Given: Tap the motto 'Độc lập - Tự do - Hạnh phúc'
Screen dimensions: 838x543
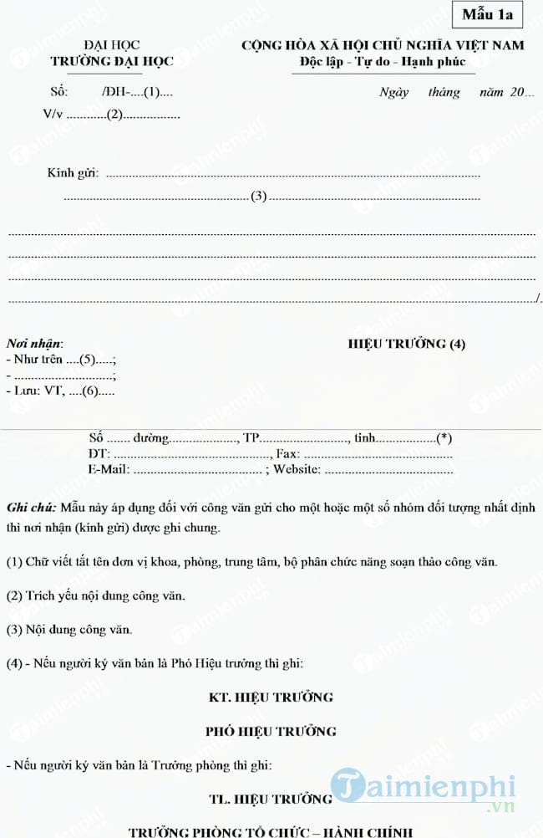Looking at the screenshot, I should (383, 62).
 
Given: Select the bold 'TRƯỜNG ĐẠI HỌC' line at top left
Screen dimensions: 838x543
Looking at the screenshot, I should (111, 61).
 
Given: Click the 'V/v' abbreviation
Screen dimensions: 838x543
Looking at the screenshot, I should (52, 115).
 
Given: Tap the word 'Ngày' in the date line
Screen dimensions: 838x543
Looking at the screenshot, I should (393, 93).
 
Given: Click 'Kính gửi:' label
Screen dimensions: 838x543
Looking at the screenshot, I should (73, 173).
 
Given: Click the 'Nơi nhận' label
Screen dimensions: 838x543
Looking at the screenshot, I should (34, 343).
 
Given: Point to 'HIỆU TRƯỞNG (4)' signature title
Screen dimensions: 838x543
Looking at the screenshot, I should (406, 344).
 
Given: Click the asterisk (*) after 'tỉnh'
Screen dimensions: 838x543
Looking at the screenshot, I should (444, 437).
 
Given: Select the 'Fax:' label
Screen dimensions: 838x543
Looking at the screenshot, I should (288, 453).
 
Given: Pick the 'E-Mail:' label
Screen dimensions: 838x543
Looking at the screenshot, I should (109, 469).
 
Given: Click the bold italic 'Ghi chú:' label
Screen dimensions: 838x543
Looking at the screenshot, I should (32, 508).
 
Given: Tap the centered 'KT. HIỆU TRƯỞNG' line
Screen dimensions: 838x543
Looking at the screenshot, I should (271, 696).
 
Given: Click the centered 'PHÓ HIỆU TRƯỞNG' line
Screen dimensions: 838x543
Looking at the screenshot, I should (271, 731).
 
